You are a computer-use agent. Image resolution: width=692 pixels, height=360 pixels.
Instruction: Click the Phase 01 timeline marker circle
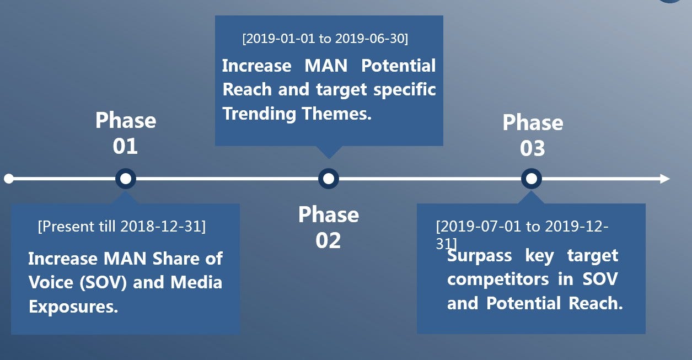tap(125, 179)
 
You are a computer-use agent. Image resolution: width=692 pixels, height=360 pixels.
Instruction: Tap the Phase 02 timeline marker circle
tap(329, 179)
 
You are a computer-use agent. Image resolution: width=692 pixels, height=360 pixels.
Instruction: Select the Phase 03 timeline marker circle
tap(532, 179)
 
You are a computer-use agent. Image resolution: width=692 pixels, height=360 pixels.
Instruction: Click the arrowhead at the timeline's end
tap(665, 179)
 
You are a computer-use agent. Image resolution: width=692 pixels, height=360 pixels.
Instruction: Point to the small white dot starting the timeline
tap(9, 179)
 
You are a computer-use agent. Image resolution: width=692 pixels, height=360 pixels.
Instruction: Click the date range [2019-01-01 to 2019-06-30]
tap(325, 39)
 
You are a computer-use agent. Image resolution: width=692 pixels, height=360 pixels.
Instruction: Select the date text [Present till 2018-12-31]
tap(121, 227)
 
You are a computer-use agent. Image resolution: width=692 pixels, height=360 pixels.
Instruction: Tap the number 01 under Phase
tap(125, 146)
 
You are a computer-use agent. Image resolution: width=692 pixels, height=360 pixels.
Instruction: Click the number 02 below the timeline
tap(328, 240)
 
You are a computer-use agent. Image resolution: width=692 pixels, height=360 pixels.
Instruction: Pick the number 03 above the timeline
tap(532, 148)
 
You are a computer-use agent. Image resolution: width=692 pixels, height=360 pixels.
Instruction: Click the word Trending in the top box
tap(259, 114)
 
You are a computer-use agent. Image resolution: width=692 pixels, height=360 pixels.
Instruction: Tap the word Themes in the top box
tap(337, 114)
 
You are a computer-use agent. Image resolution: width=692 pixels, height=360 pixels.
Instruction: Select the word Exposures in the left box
tap(73, 307)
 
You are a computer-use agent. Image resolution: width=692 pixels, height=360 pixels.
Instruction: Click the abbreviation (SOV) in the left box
tap(103, 282)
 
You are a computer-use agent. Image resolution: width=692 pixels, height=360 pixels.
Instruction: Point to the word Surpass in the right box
tap(479, 256)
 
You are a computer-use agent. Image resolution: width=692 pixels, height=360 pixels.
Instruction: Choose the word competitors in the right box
tap(498, 280)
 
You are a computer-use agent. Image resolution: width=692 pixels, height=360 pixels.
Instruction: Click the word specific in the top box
tap(405, 90)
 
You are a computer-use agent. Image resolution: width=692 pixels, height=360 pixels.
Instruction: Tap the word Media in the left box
tap(196, 282)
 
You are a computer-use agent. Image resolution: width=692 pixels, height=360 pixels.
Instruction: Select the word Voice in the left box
tap(51, 282)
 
